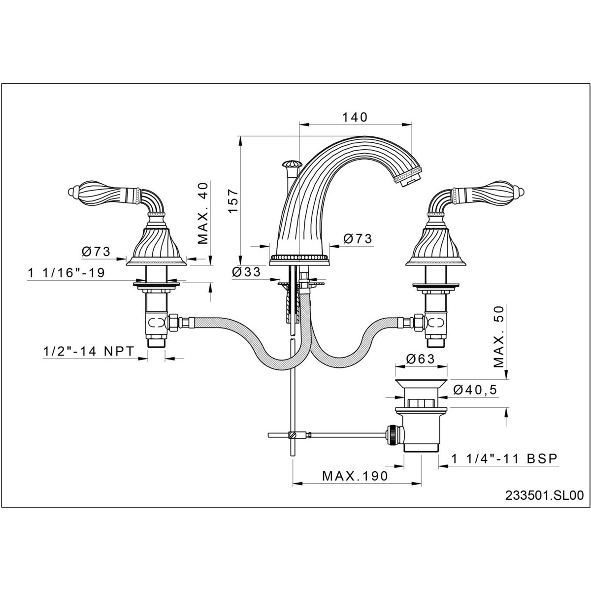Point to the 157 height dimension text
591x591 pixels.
233,201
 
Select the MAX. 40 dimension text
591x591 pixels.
203,213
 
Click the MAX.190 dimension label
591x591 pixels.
355,476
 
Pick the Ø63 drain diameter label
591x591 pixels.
421,359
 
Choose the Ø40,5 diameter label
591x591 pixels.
474,390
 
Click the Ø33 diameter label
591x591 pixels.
246,272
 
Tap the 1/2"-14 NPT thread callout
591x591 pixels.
89,351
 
